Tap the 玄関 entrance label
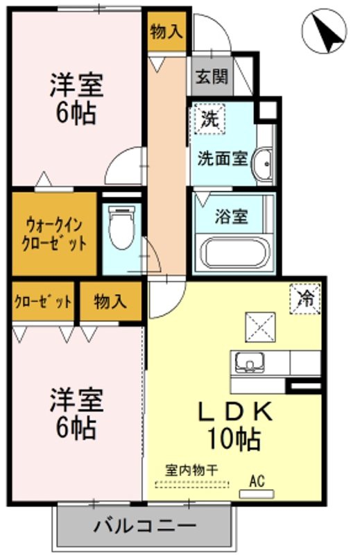tap(212, 76)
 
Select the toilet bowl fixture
tap(121, 228)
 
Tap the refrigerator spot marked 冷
tap(305, 299)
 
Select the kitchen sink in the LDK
tap(250, 362)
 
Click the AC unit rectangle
tap(257, 494)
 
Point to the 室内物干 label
tap(191, 470)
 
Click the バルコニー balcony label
tap(145, 526)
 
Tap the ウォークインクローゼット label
tap(54, 234)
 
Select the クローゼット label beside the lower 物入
tap(43, 302)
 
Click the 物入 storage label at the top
tap(166, 32)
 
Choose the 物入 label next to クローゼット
tap(110, 302)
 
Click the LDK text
tap(235, 411)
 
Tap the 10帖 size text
tap(234, 438)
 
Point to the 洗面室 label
tap(222, 159)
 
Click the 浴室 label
tap(231, 216)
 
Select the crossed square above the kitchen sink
tap(260, 327)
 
